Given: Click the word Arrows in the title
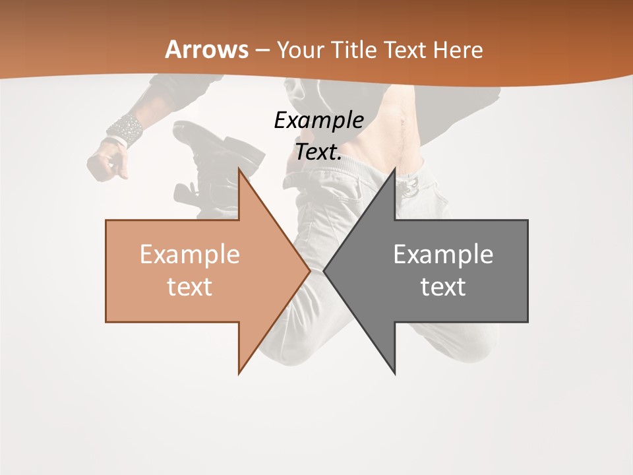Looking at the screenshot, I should coord(207,49).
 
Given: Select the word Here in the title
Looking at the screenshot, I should coord(458,49).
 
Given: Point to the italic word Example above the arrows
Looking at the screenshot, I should coord(318,121).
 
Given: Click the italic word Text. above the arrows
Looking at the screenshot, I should coord(318,152).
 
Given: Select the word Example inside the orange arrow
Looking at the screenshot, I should coord(190,254).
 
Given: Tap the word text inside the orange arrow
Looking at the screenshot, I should coord(190,286).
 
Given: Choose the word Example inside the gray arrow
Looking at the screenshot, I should coord(443,254).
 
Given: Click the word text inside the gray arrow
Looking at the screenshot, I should coord(443,286).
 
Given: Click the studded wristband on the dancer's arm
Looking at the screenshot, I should coord(125,129).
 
